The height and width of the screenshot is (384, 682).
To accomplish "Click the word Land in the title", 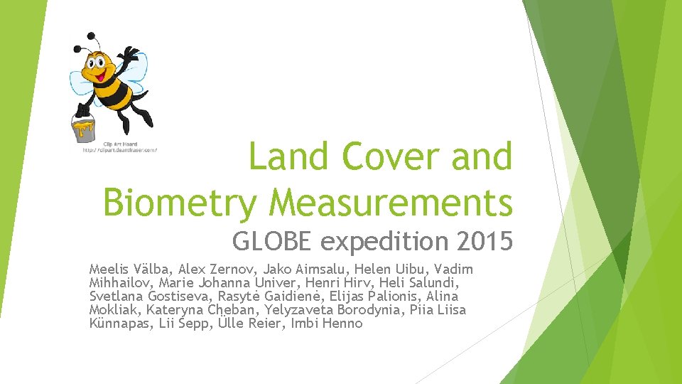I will click(x=288, y=156).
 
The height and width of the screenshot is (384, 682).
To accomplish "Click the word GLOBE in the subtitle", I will click(x=274, y=242).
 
